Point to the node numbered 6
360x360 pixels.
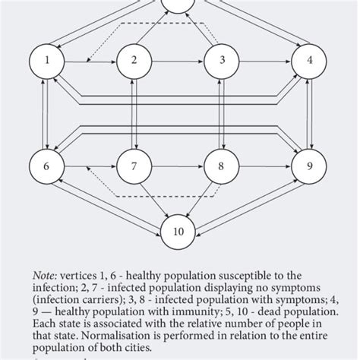pyautogui.click(x=48, y=166)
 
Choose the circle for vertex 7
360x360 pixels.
pyautogui.click(x=134, y=166)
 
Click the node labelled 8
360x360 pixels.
pyautogui.click(x=222, y=166)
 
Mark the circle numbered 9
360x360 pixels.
pyautogui.click(x=309, y=166)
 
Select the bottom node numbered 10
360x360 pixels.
pyautogui.click(x=178, y=231)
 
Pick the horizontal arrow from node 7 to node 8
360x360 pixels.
pyautogui.click(x=178, y=166)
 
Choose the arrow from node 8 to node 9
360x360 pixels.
pyautogui.click(x=266, y=166)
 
